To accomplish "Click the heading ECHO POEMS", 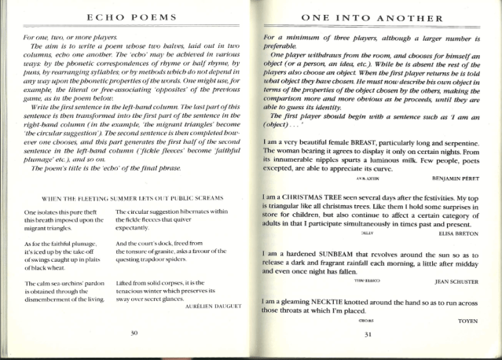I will click(x=134, y=17).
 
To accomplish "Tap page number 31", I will click(x=368, y=333).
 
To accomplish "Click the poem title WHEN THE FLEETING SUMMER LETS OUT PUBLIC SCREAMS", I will click(x=133, y=197).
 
